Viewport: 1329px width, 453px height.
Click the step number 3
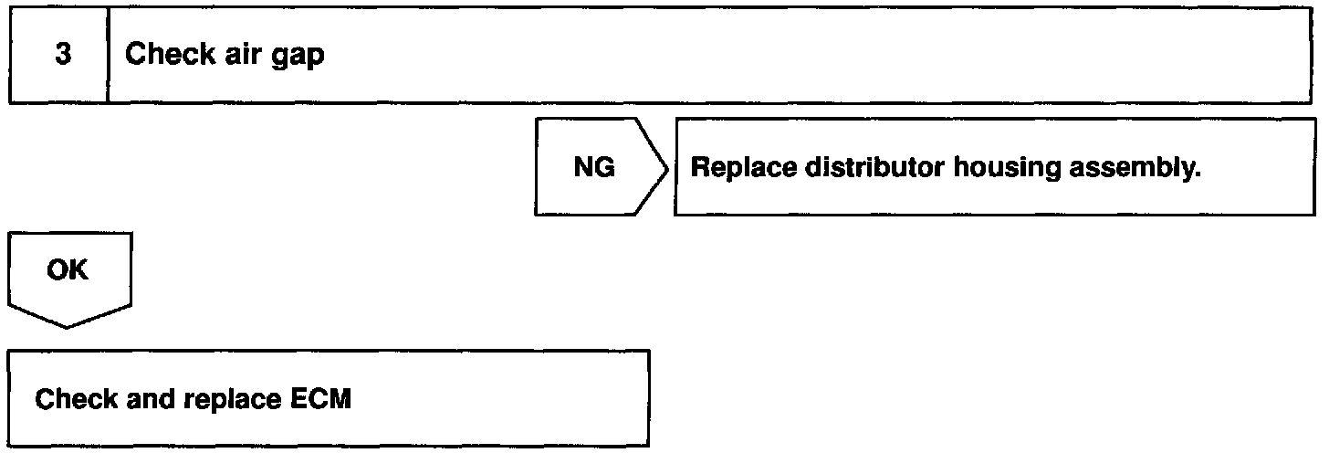[63, 55]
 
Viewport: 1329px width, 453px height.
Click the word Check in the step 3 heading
[162, 55]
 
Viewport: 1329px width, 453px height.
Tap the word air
[235, 55]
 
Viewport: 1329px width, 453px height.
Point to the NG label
[593, 168]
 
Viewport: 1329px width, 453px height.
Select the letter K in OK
[79, 271]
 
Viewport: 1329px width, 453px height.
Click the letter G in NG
[604, 168]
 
